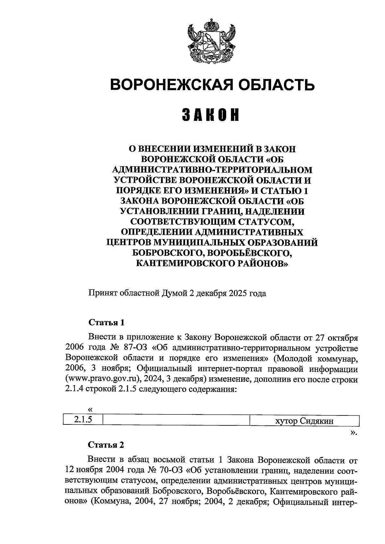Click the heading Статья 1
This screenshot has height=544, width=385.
pos(106,322)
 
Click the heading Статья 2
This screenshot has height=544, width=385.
pos(106,445)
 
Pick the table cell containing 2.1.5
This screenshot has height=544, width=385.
pos(83,420)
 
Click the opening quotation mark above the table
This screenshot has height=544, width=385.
pos(90,409)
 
